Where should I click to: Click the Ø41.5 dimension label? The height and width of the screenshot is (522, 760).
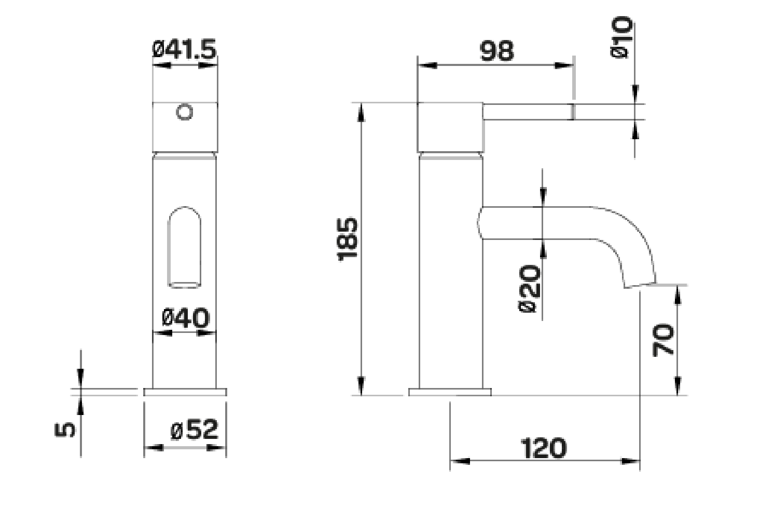(x=184, y=49)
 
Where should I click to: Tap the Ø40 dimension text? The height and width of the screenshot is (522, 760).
(x=186, y=318)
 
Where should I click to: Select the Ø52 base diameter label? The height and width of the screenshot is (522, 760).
(x=194, y=429)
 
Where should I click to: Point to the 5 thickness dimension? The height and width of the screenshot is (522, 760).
(x=65, y=430)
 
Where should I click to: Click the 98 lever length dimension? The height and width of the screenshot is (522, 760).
(x=496, y=51)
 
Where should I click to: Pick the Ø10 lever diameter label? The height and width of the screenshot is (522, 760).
(x=622, y=37)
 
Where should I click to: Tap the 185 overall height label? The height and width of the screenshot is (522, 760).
(x=348, y=240)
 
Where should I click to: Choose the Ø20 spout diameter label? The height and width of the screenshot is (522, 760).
(x=529, y=288)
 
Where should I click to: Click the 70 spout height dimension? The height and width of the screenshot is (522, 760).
(x=664, y=340)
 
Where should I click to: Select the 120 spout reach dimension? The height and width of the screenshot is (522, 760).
(x=544, y=448)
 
